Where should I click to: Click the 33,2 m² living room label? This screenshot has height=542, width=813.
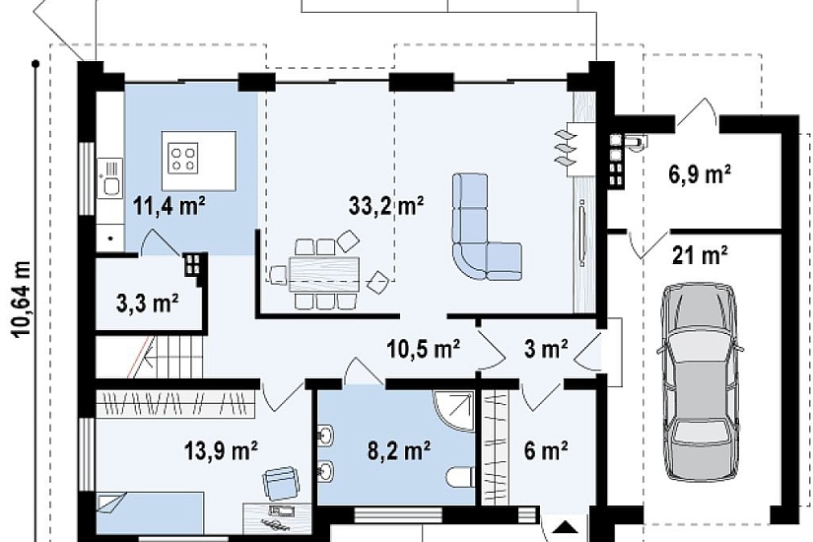386,206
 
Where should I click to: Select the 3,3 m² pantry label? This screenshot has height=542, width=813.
148,303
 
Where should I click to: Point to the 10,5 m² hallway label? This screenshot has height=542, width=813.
423,349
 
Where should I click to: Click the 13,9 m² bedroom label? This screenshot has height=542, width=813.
222,449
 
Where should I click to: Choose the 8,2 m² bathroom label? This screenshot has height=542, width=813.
399,449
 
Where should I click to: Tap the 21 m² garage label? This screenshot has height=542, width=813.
700,255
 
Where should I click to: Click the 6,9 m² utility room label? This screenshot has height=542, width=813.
700,174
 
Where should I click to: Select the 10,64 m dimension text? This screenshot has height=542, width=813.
22,300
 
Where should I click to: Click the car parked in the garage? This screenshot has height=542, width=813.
701,381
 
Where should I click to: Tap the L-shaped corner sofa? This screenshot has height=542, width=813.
486,227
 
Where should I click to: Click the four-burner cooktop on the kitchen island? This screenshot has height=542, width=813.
184,159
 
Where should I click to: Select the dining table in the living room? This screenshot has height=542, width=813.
324,274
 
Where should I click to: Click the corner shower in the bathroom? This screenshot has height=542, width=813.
454,411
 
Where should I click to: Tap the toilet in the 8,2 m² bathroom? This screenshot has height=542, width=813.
460,478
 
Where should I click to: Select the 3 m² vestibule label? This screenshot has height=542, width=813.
546,349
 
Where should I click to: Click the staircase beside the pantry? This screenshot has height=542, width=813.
150,357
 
